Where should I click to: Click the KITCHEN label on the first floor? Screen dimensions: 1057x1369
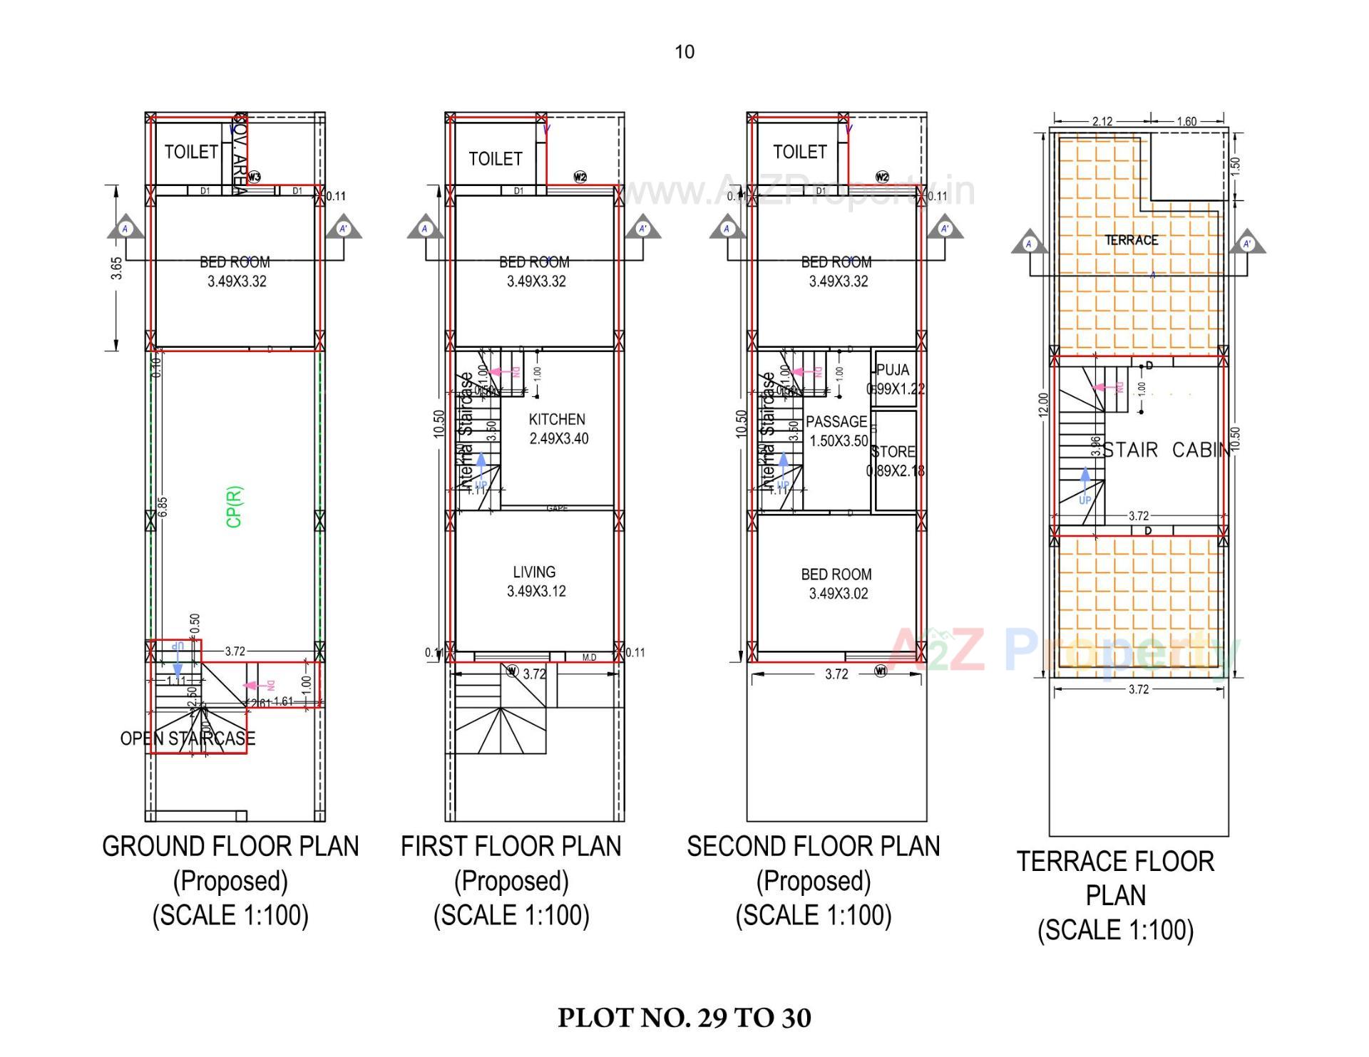557,420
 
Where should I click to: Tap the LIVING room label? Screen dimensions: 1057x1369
534,572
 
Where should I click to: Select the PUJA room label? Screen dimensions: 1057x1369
893,370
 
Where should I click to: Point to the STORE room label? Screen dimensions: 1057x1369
893,452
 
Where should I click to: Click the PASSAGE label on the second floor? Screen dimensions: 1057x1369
836,422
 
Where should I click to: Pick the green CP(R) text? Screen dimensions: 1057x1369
235,507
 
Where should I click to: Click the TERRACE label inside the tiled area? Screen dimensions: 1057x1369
1132,240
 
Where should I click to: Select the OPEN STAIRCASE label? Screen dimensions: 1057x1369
188,738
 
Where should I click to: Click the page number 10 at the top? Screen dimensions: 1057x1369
684,52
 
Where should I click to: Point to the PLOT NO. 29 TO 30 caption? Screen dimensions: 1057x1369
684,1018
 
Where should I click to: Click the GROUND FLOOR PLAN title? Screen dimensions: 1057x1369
230,847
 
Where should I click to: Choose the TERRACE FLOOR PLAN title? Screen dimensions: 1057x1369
1115,878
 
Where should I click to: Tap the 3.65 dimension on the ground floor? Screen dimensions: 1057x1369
117,268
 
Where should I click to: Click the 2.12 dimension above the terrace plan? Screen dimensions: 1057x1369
1102,121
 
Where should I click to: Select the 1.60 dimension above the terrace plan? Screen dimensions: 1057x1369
1186,121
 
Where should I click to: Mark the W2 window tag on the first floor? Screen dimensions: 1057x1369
580,177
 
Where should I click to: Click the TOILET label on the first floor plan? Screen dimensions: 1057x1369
496,159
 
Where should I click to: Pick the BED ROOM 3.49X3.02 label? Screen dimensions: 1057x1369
837,584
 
